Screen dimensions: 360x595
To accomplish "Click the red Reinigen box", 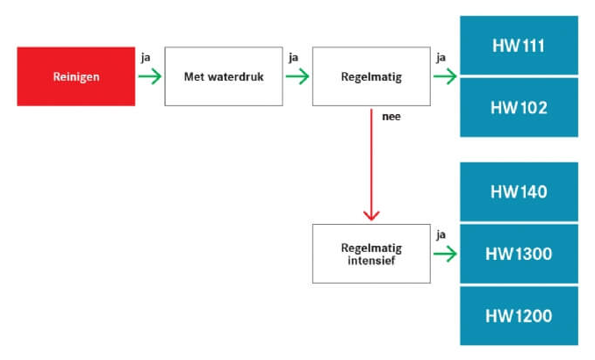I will [75, 76].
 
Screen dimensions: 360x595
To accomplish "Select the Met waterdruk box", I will [223, 76].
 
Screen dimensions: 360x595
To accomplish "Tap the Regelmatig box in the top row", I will [371, 76].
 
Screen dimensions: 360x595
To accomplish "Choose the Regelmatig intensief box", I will [371, 254].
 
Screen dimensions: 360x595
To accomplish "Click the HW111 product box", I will [519, 45].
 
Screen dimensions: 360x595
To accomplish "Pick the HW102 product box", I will [519, 107].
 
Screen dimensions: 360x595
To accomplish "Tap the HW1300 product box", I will [519, 254].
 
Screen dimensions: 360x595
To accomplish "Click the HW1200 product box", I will [519, 315].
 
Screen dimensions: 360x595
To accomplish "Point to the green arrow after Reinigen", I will [150, 76].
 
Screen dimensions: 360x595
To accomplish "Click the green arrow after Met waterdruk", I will [297, 76].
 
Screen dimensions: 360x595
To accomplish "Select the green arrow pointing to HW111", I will [445, 76].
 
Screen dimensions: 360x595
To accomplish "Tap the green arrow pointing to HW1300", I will [445, 254].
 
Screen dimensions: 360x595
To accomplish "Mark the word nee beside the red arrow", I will [391, 116].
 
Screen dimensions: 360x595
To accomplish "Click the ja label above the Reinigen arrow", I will [146, 58].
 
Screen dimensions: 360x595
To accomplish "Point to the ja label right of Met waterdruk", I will [293, 58].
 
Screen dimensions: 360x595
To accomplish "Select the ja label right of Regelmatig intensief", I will [441, 234].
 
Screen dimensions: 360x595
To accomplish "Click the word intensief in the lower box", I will [371, 261].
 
